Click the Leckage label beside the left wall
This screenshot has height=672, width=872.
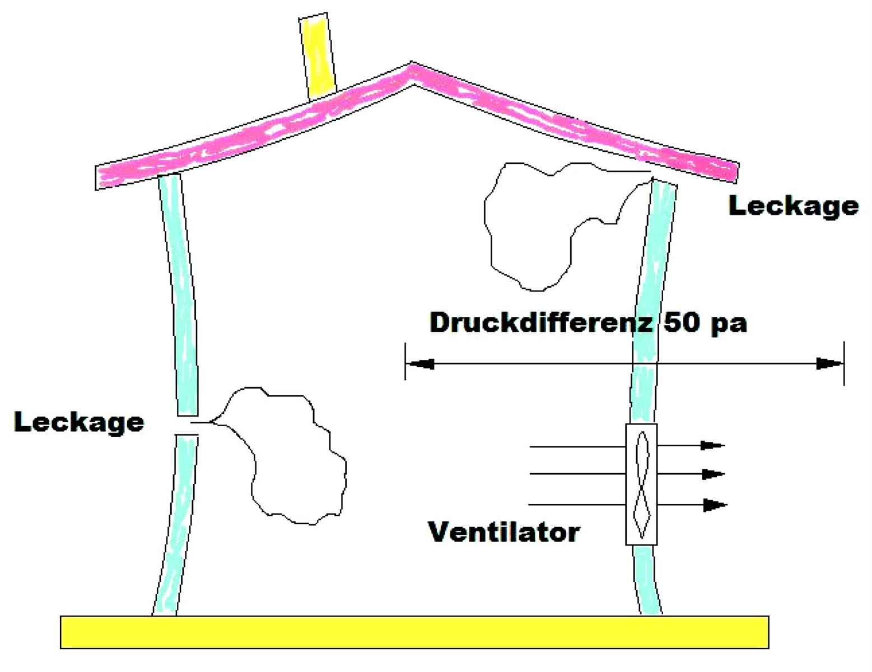click(x=79, y=422)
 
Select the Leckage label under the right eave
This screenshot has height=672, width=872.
click(x=793, y=207)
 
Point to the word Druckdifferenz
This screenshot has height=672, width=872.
click(x=540, y=323)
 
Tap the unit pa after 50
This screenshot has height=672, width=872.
click(x=729, y=325)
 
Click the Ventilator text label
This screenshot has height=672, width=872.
click(x=503, y=531)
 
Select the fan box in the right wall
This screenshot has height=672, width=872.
click(x=641, y=484)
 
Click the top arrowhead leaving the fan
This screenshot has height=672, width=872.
click(x=712, y=446)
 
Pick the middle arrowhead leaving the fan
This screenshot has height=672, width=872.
click(x=712, y=474)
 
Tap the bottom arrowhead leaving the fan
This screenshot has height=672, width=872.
click(x=714, y=505)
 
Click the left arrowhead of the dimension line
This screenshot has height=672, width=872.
click(x=419, y=364)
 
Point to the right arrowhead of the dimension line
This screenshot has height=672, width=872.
click(x=829, y=364)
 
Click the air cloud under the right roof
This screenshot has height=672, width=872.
click(x=538, y=224)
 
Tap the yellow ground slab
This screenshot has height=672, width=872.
click(x=414, y=632)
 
